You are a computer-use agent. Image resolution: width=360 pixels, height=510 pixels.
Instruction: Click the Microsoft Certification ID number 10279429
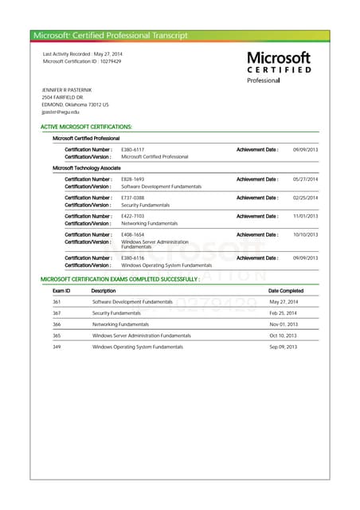click(x=105, y=61)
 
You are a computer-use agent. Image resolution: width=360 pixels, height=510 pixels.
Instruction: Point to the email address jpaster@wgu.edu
click(x=61, y=112)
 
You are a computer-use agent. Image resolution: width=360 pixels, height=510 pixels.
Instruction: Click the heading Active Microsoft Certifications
click(x=86, y=127)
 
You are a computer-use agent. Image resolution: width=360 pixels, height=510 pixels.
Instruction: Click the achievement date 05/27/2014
click(x=305, y=179)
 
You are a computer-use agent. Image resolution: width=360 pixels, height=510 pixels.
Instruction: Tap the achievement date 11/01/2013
click(x=305, y=216)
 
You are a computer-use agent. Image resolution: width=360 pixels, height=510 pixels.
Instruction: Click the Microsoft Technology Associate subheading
click(x=86, y=168)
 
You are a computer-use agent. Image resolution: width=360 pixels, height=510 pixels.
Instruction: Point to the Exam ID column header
click(x=61, y=291)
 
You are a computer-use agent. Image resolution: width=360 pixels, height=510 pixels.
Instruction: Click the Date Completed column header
click(x=285, y=291)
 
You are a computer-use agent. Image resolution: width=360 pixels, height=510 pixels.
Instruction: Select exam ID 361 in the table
click(x=57, y=302)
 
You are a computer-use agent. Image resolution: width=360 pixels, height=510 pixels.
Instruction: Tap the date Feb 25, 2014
click(x=283, y=313)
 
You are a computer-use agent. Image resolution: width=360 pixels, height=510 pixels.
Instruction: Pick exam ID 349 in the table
click(x=57, y=347)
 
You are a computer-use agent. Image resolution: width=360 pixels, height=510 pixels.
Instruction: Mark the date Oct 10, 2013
click(x=283, y=335)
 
